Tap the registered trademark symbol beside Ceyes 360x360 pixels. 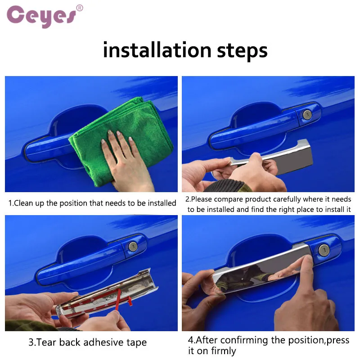coord(80,8)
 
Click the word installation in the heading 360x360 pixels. coord(157,50)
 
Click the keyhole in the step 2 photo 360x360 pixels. coord(307,115)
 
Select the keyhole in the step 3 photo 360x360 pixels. coord(133,246)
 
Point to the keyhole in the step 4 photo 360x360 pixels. coord(324,250)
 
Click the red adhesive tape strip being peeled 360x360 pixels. coord(118,298)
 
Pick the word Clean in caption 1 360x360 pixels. coord(24,203)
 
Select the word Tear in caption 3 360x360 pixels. coord(47,342)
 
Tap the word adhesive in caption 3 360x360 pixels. coord(103,342)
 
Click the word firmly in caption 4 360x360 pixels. coord(223,351)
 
